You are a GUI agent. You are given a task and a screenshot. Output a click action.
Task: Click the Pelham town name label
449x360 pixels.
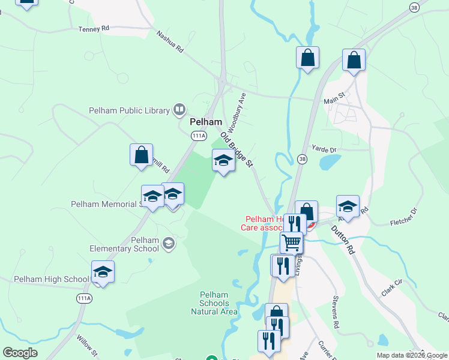[202, 121]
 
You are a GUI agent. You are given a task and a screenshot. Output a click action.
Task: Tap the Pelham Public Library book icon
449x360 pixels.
[179, 109]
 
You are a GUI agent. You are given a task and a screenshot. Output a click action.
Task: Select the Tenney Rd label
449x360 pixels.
[94, 28]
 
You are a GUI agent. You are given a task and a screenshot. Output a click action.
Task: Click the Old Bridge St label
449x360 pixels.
[238, 150]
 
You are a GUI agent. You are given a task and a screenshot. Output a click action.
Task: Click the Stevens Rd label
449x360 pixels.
[337, 307]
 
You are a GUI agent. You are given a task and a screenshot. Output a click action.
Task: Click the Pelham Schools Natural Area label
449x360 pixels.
[214, 303]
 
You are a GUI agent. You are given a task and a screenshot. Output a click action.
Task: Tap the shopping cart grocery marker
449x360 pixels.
[291, 242]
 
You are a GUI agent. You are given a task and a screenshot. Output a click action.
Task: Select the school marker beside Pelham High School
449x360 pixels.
[103, 272]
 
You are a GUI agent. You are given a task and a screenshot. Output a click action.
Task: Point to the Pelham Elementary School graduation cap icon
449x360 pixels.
[169, 243]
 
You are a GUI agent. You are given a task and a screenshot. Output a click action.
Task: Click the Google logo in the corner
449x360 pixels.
[20, 353]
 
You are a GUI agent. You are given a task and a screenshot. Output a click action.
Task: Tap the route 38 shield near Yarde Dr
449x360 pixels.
[301, 158]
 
